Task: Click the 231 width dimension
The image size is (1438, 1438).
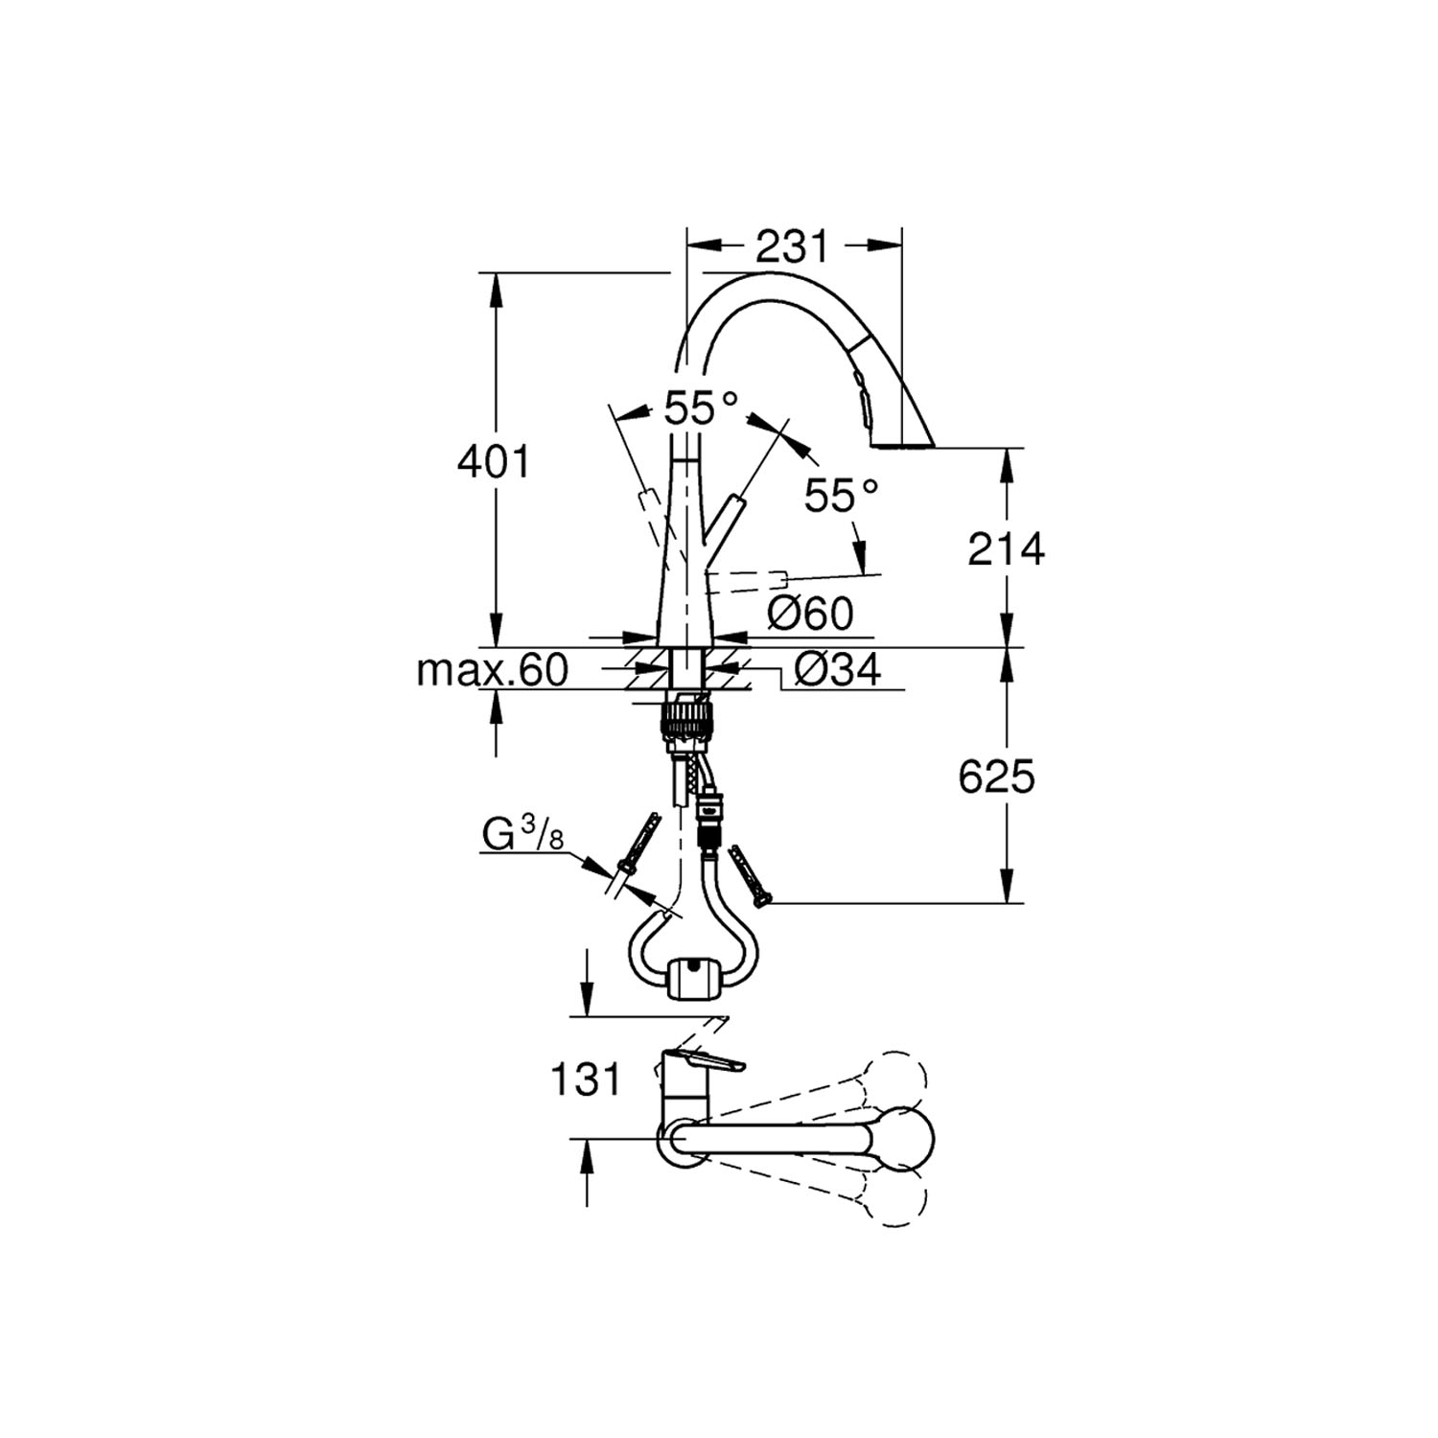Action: [x=791, y=247]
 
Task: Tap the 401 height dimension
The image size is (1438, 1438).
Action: [x=493, y=463]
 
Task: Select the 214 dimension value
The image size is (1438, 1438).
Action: [x=1006, y=549]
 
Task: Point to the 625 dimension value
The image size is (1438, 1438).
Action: [x=997, y=777]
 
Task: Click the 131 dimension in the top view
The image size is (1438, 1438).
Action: [x=585, y=1080]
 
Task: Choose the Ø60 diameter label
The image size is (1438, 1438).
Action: [x=810, y=614]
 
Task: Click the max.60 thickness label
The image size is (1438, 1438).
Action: [x=492, y=670]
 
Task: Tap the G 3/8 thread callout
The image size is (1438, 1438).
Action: [x=522, y=837]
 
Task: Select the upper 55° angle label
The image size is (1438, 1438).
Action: [x=702, y=410]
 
